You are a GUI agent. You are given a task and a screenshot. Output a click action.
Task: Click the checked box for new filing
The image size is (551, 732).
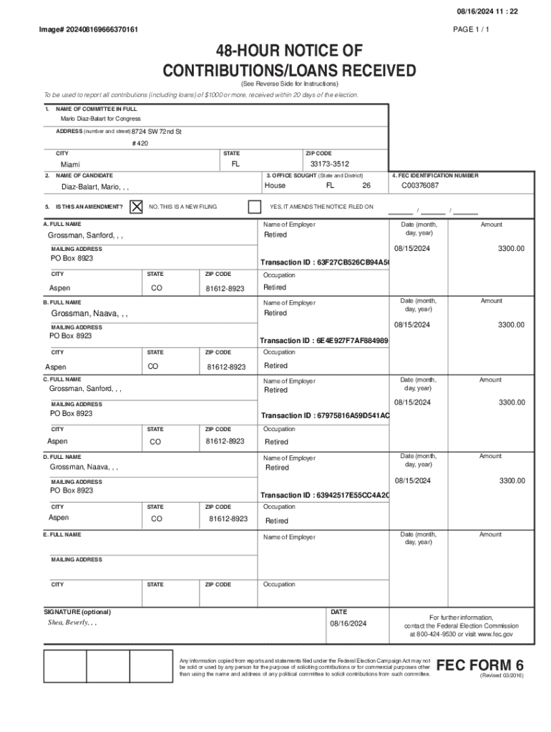[x=136, y=207]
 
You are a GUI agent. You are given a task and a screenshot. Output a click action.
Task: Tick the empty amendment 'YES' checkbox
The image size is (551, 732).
[x=254, y=207]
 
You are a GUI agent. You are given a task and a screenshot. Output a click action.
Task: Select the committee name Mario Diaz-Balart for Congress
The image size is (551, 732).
[x=100, y=119]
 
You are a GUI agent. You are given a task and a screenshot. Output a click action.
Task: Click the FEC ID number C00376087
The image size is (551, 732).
[x=420, y=186]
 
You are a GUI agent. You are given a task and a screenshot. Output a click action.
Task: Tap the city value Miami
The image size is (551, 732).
[x=70, y=165]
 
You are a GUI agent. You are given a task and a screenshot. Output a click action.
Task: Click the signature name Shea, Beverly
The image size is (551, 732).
[x=72, y=623]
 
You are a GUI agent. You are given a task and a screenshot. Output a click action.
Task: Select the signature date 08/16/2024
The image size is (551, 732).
[x=348, y=624]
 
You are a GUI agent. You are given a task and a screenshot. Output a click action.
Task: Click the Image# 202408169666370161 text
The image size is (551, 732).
[x=89, y=29]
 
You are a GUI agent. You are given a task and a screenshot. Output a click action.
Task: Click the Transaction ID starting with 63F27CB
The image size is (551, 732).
[x=325, y=262]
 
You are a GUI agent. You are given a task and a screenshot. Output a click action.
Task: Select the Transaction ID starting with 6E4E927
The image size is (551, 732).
[x=324, y=341]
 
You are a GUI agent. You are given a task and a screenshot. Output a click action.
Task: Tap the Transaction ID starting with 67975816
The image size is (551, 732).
[x=325, y=416]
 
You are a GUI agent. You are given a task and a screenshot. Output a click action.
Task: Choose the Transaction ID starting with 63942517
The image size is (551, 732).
[x=325, y=495]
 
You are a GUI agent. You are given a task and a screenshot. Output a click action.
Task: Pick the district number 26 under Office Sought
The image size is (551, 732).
[x=366, y=186]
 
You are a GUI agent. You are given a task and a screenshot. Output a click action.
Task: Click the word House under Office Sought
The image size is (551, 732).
[x=275, y=186]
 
